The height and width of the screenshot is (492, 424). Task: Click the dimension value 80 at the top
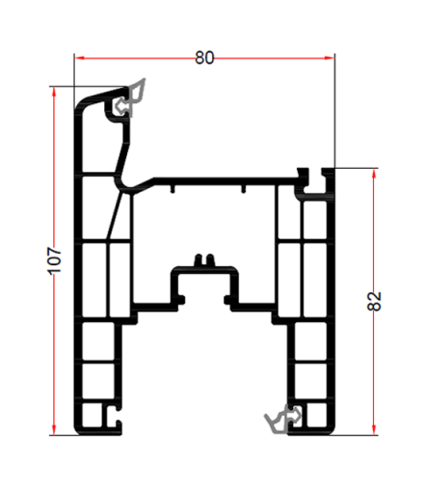204,58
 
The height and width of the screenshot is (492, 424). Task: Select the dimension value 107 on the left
55,258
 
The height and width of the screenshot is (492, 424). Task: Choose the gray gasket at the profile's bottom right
282,418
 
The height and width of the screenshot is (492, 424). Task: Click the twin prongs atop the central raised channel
202,260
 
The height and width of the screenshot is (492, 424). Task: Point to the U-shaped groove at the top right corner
314,179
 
